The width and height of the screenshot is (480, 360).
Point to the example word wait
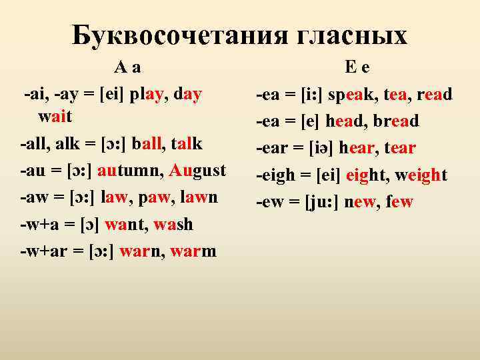(55, 117)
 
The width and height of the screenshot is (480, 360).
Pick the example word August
(199, 169)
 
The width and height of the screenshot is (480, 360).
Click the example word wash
(173, 225)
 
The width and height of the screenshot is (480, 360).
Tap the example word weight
(421, 175)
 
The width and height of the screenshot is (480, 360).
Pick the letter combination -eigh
(275, 175)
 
